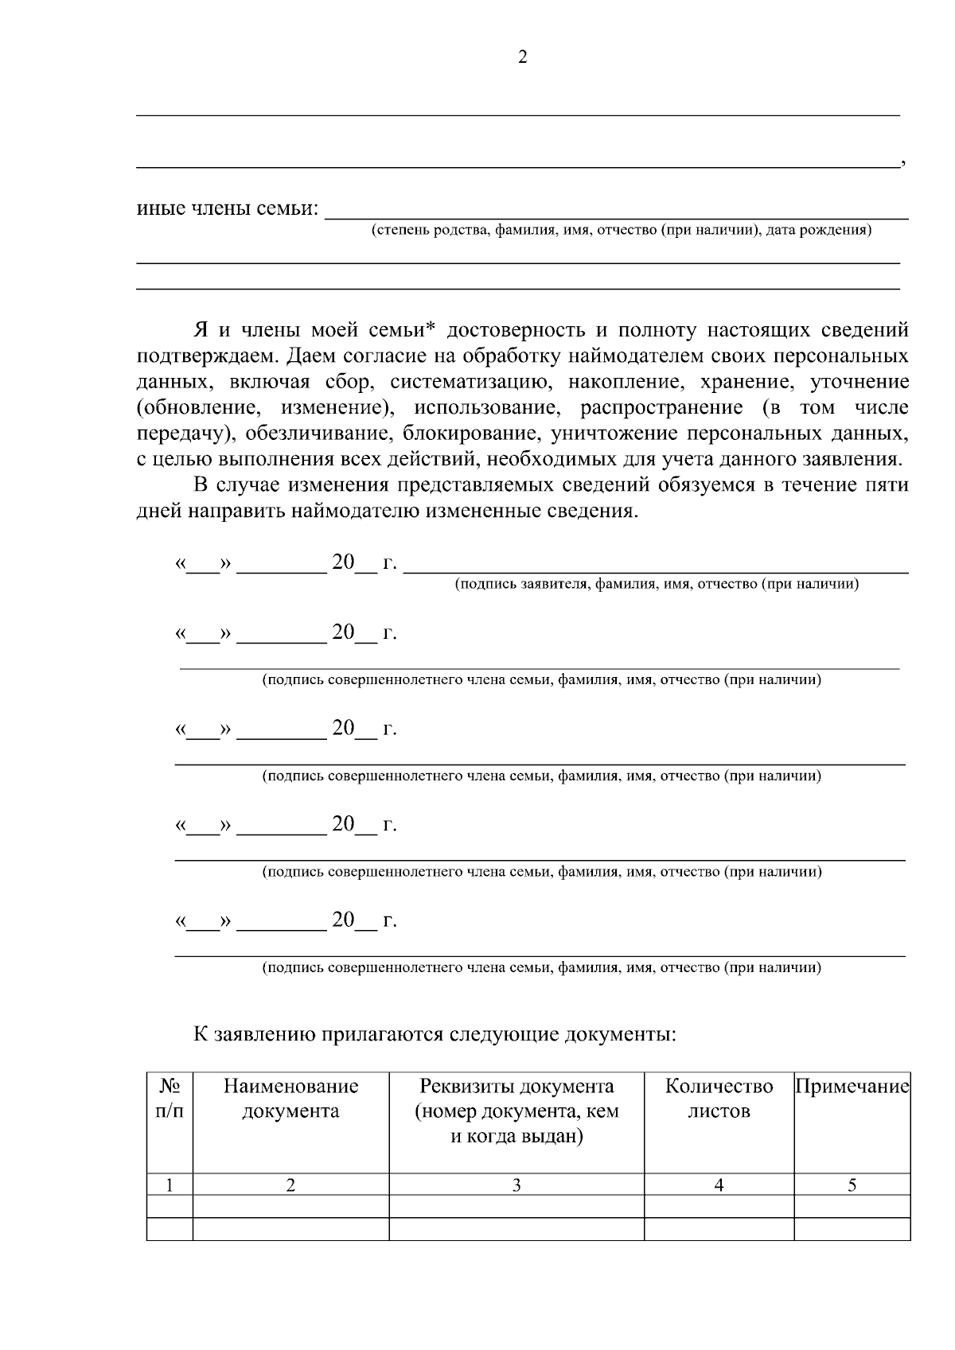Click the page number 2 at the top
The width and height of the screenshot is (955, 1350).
tap(522, 57)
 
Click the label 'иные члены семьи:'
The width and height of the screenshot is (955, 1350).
tap(227, 209)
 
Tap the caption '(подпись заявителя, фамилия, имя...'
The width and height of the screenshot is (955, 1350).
tap(657, 585)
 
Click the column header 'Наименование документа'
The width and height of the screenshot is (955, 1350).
tap(290, 1099)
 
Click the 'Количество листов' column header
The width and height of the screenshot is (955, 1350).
tap(719, 1099)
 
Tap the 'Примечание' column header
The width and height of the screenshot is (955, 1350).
tap(852, 1087)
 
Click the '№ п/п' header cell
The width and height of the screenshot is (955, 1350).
tap(169, 1099)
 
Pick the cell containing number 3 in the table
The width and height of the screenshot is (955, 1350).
tap(516, 1185)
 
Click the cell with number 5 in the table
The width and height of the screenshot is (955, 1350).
tap(852, 1185)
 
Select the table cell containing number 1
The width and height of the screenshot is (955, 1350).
tap(169, 1185)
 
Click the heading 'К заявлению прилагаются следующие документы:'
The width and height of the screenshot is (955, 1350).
tap(435, 1035)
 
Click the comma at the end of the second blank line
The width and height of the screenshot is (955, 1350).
tap(902, 164)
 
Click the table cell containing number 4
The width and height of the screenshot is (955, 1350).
tap(719, 1185)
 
